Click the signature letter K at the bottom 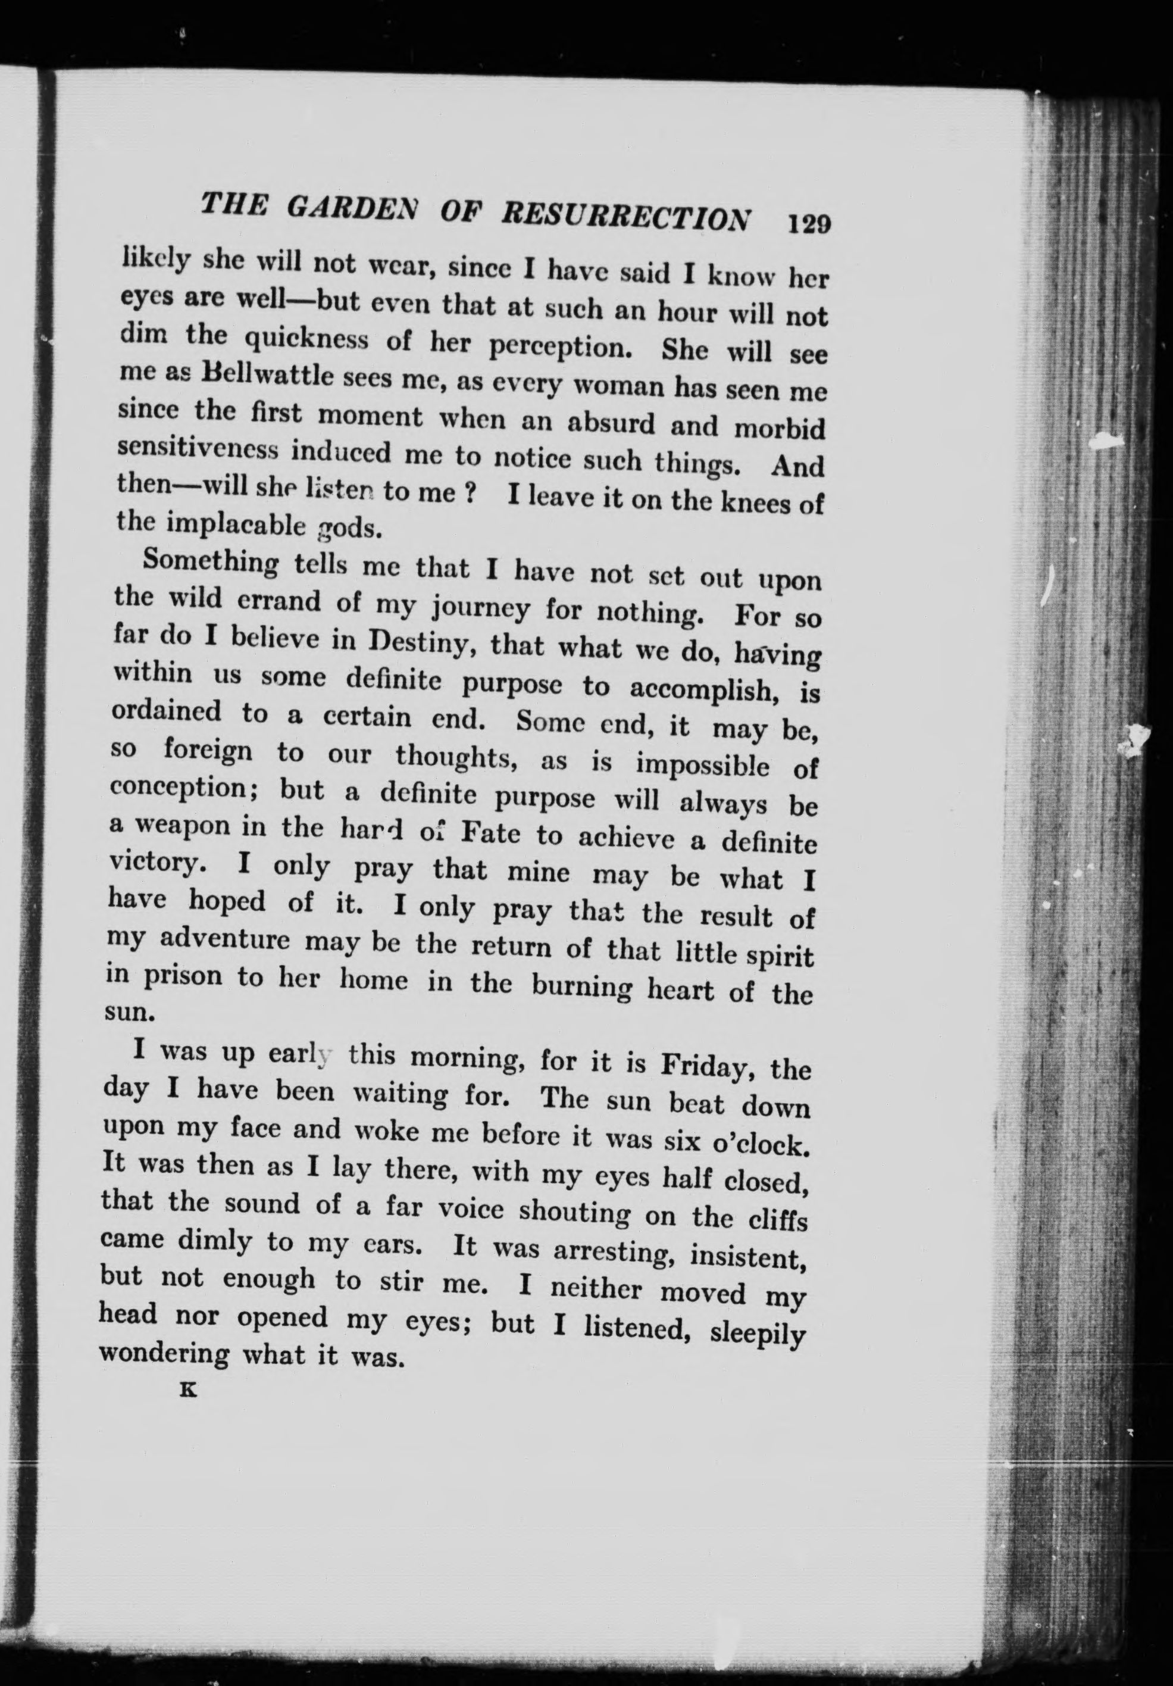(x=189, y=1390)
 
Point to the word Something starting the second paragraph (x=211, y=563)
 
